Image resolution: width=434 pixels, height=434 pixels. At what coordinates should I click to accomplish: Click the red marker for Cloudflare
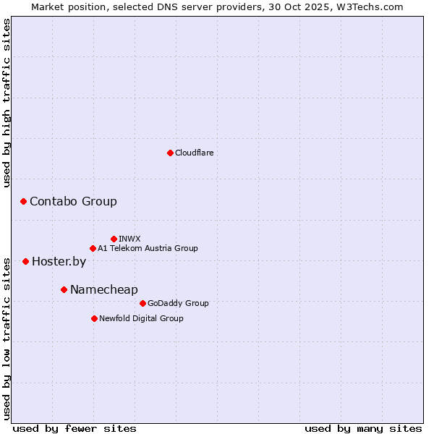pos(170,153)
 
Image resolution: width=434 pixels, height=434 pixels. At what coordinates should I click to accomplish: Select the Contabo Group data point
pos(23,201)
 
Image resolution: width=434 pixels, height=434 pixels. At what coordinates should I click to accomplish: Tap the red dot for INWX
pos(114,239)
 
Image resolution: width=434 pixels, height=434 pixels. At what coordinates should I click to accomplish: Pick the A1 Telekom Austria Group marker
pos(93,248)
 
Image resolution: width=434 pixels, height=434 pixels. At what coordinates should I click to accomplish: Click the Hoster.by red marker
pos(25,261)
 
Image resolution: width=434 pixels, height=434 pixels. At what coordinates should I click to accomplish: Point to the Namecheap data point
pos(64,289)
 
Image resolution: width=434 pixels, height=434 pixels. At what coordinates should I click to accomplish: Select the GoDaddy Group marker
pos(142,303)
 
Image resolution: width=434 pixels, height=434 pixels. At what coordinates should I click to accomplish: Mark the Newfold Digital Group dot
pos(94,318)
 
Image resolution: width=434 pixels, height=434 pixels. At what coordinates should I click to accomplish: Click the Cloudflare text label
pos(194,153)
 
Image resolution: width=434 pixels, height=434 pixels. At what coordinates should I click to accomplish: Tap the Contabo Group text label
pos(73,201)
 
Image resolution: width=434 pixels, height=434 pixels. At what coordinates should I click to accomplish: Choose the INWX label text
pos(129,239)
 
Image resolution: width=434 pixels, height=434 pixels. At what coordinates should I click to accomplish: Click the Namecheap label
pos(103,289)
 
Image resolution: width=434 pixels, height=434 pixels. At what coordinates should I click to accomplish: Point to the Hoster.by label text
pos(59,261)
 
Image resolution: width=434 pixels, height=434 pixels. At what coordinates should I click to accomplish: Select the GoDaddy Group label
pos(178,303)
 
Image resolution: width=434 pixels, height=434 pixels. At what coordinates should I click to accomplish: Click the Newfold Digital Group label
pos(141,318)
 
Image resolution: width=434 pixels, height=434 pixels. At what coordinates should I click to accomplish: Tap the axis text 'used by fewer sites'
pos(75,428)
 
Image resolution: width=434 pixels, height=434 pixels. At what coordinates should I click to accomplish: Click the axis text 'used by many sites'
pos(363,428)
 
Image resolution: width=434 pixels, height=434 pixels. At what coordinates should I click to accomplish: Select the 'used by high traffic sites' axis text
pos(7,103)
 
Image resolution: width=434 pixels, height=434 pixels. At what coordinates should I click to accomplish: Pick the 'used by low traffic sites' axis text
pos(7,338)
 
